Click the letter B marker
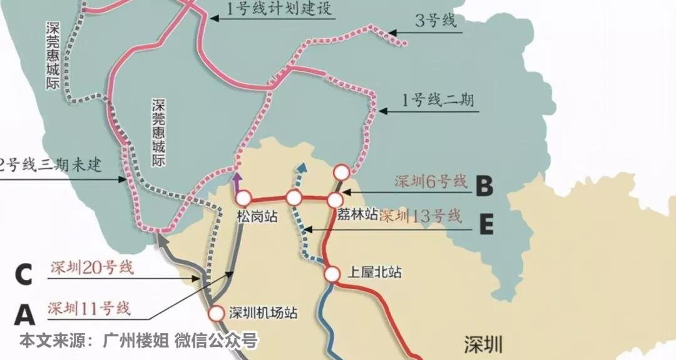point(484,185)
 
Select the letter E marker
point(486,224)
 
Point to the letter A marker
point(24,314)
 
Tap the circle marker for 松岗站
point(243,198)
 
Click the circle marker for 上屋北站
point(332,274)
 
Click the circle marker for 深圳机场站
point(217,312)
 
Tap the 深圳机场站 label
point(263,312)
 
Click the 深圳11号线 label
point(89,308)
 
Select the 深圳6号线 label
point(431,182)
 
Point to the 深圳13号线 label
point(421,217)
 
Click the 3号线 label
point(436,21)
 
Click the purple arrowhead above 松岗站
point(237,180)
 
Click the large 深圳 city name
point(483,344)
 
